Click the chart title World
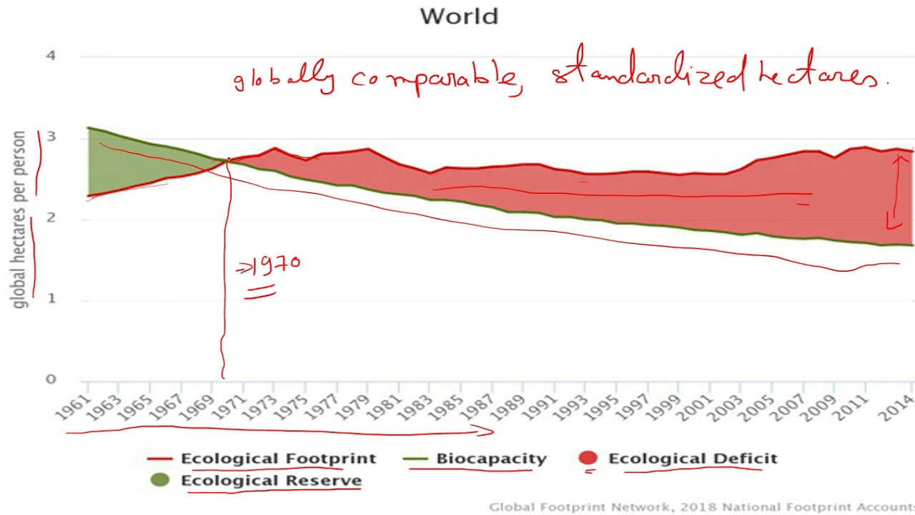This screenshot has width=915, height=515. [x=458, y=16]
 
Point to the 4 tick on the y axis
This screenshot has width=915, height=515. [x=51, y=56]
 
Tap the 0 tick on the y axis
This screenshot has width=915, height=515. [x=51, y=379]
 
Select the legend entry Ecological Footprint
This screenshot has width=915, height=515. [x=278, y=458]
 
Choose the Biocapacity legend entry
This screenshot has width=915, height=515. [x=491, y=458]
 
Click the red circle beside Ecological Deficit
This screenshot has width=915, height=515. [x=588, y=458]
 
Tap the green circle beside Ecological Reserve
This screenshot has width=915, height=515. [x=160, y=480]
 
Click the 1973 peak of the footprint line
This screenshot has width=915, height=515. [x=274, y=149]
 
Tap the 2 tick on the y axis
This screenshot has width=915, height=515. [x=51, y=218]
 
